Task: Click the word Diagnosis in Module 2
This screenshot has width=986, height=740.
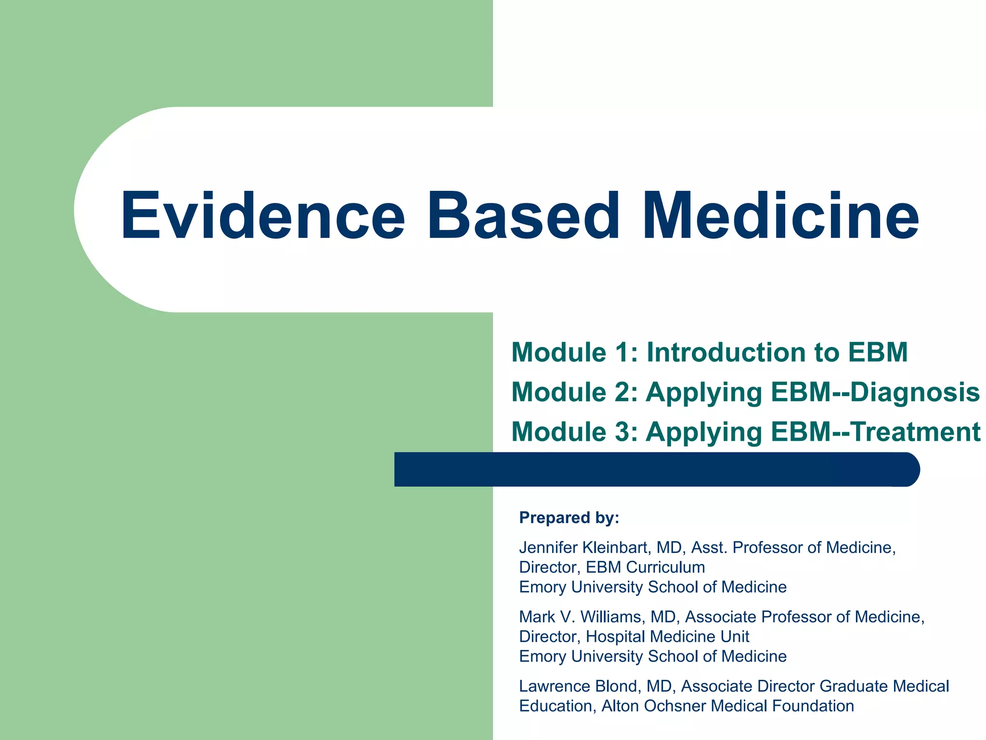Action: click(915, 392)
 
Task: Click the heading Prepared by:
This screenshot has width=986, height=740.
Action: click(569, 517)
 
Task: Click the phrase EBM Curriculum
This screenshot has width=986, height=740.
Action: click(645, 567)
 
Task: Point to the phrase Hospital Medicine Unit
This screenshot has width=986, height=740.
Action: click(667, 636)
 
